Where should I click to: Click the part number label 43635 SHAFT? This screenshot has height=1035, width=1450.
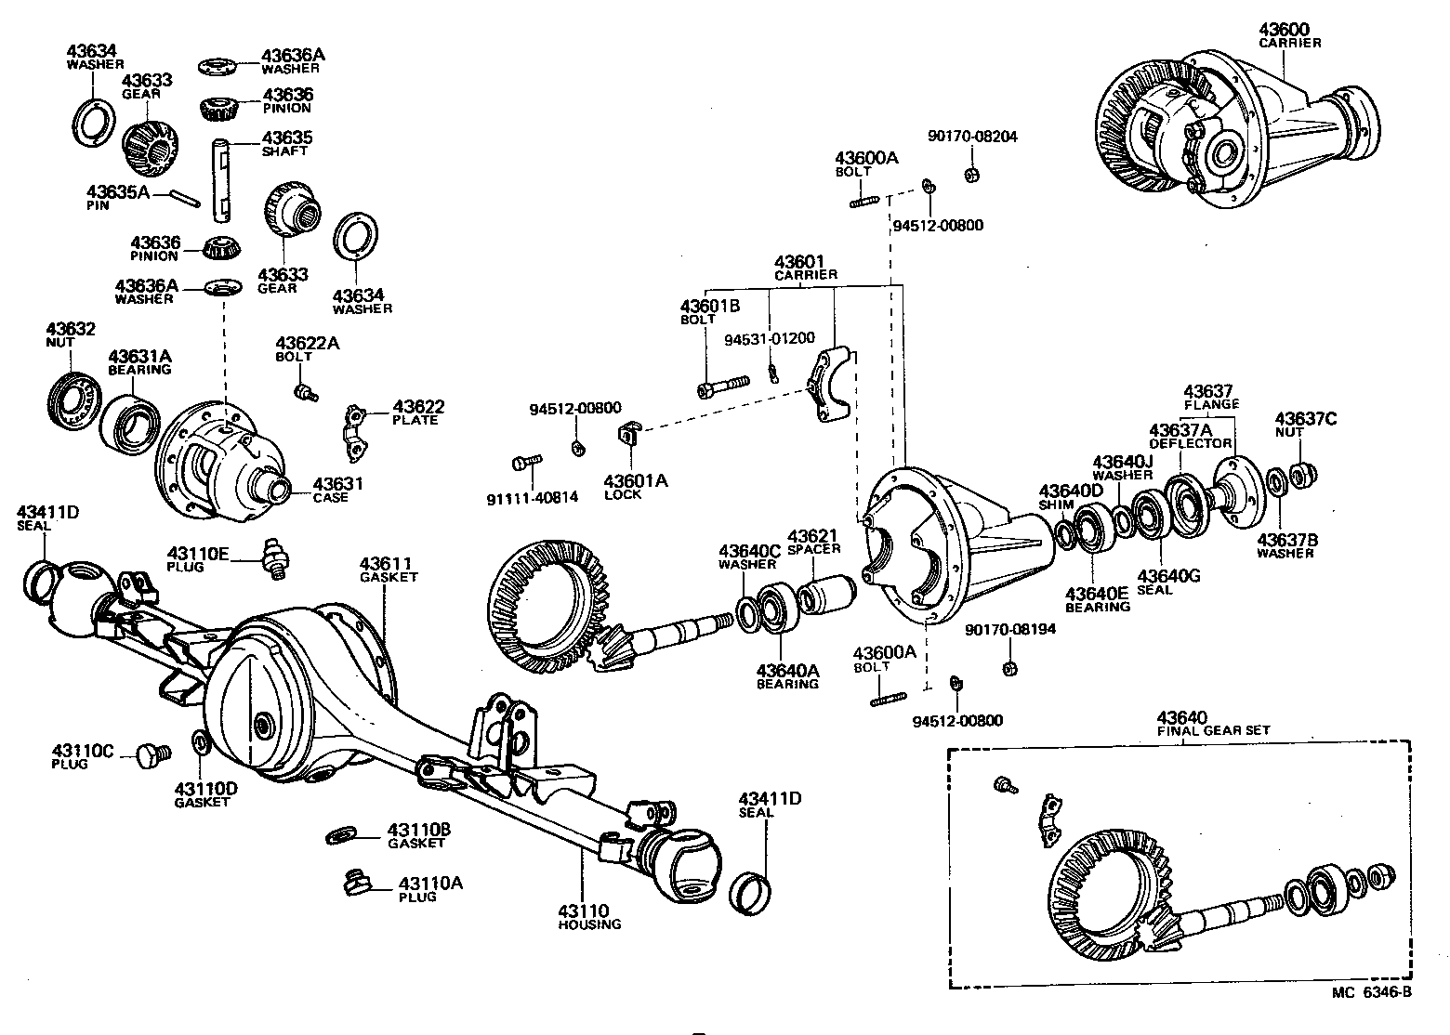tap(286, 143)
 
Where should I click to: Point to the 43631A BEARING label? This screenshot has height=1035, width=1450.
tap(139, 362)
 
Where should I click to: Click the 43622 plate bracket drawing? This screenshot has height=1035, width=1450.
tap(353, 433)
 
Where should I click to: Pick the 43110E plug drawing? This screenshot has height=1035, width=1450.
tap(275, 558)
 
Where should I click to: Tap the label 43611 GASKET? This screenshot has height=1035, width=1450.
tap(388, 570)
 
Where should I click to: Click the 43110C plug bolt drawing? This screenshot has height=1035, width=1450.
tap(151, 753)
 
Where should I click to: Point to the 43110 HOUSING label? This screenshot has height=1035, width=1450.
tap(588, 917)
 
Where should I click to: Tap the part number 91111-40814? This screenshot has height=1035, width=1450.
tap(532, 497)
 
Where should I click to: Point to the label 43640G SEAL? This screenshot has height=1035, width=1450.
tap(1168, 582)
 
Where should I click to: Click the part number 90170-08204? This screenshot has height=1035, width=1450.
tap(971, 137)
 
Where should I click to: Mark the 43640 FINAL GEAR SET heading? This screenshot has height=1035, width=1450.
tap(1212, 723)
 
